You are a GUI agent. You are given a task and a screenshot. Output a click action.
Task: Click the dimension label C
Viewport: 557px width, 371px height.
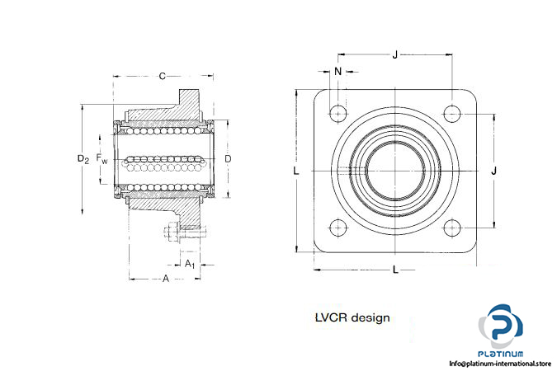pos(162,76)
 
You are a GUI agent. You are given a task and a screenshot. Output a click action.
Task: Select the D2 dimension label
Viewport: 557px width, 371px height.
pos(83,157)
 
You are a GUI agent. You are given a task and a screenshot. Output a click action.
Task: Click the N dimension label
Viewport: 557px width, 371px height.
pos(338,72)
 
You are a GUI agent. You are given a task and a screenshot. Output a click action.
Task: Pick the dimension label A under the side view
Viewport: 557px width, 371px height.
pos(166,279)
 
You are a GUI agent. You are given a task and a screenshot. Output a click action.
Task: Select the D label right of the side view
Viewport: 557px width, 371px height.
pos(228,157)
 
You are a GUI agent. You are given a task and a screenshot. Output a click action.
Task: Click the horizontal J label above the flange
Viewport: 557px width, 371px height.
pos(395,55)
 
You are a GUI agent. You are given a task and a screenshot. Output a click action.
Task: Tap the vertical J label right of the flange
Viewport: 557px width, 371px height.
pos(493,171)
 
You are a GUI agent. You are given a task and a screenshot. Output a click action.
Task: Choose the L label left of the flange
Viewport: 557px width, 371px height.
pos(295,171)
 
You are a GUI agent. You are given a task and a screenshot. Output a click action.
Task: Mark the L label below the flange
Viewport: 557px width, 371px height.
pos(395,269)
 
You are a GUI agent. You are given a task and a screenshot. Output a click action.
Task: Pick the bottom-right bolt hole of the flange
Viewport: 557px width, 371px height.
pos(452,228)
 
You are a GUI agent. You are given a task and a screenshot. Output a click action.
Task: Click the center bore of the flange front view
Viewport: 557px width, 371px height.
pos(395,171)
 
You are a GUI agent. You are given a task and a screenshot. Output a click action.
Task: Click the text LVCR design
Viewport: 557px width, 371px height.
pos(352,317)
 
